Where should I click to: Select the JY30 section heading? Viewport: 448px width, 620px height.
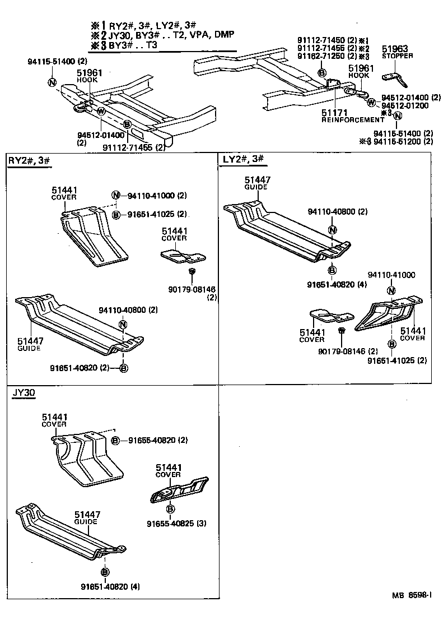[24, 393]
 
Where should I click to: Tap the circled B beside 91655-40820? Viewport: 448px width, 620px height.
[115, 440]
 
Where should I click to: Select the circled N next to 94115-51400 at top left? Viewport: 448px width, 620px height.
[52, 82]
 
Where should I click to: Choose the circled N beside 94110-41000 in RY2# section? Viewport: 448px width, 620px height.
[115, 195]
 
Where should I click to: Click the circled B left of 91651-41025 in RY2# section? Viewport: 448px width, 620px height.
[115, 214]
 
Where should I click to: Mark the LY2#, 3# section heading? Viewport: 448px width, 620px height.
[243, 159]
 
